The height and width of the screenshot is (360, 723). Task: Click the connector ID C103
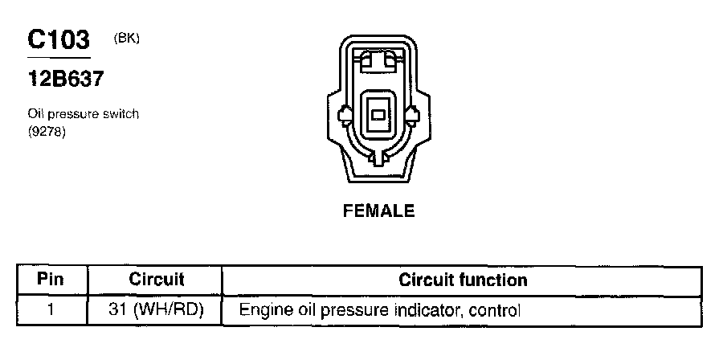[x=58, y=40]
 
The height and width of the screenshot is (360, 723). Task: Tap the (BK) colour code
[x=127, y=37]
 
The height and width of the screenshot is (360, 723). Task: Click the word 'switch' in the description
[x=121, y=114]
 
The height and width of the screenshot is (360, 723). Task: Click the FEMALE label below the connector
[x=378, y=211]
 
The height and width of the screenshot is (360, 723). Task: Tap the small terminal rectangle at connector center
[x=377, y=115]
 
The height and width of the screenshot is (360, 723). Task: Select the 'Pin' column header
[x=51, y=280]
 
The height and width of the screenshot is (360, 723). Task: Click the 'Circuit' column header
[x=157, y=280]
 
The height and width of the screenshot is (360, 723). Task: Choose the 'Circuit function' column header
[x=463, y=280]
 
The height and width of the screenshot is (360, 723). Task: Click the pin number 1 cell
[x=51, y=309]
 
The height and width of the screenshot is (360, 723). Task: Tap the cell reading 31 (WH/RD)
[x=157, y=309]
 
